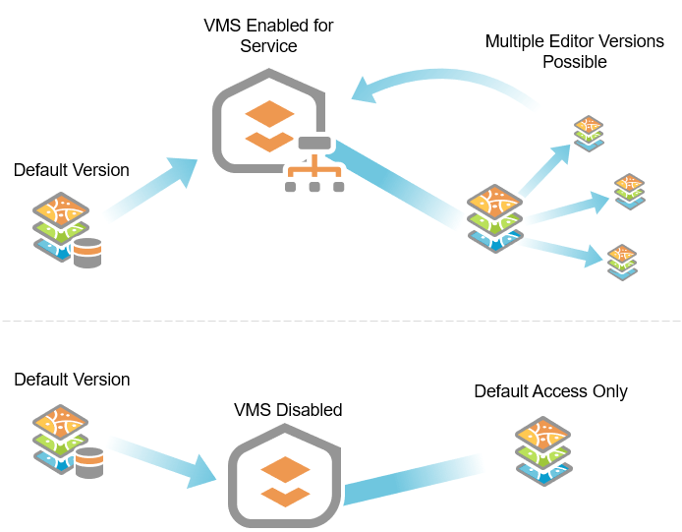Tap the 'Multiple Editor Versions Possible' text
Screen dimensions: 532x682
coord(574,51)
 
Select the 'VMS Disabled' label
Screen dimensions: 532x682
coord(288,410)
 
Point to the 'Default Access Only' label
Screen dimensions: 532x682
coord(550,391)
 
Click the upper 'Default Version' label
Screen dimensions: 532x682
coord(71,170)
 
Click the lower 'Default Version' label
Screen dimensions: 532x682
coord(71,379)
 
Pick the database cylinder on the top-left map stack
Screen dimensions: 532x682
coord(87,253)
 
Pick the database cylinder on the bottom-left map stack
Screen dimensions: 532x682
coord(90,462)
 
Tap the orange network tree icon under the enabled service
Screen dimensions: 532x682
coord(313,175)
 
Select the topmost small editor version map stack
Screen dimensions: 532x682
coord(590,132)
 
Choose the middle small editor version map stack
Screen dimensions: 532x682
coord(629,190)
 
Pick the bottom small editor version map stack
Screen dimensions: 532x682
coord(622,262)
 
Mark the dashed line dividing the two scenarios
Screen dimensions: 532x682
coord(340,321)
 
